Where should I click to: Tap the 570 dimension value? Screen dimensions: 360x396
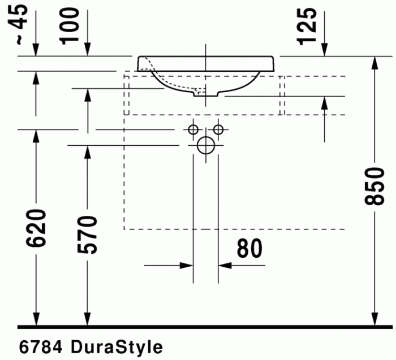(88, 234)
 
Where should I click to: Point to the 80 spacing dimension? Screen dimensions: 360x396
(249, 248)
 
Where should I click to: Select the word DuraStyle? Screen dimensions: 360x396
(117, 346)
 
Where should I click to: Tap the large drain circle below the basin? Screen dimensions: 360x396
(206, 146)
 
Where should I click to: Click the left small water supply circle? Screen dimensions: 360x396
(193, 130)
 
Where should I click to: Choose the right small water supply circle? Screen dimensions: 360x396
(219, 130)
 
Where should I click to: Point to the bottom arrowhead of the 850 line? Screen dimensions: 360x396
(375, 320)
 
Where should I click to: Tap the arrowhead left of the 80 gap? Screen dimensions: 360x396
(187, 264)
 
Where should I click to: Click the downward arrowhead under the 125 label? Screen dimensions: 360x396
(324, 50)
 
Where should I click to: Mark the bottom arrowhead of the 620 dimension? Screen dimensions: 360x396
(36, 320)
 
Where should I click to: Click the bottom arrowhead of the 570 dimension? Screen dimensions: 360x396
(88, 320)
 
